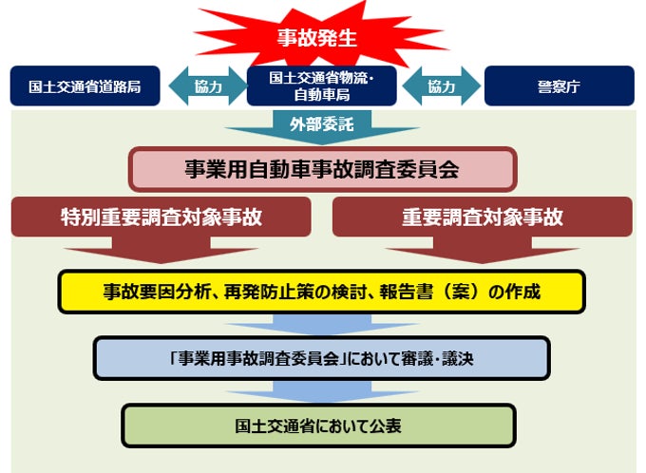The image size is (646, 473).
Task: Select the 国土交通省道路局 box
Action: click(85, 86)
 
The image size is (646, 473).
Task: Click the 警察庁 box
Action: click(560, 86)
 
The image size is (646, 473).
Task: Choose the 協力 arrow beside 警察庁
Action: click(442, 86)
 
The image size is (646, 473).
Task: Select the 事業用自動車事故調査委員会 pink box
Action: click(322, 169)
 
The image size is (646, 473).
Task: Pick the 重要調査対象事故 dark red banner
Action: click(482, 217)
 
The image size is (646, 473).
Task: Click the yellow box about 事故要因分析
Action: click(322, 292)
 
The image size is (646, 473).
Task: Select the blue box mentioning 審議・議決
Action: click(322, 359)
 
